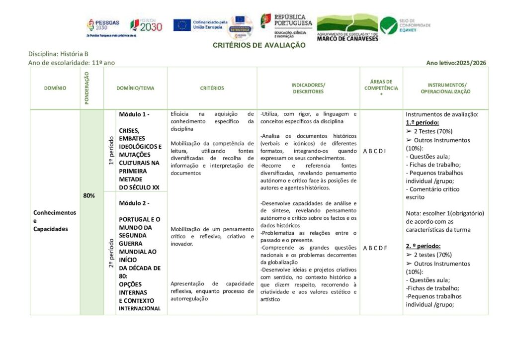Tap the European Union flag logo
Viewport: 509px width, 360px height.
182,25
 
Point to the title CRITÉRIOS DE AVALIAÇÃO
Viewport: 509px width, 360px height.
259,45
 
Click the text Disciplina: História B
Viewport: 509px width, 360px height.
58,54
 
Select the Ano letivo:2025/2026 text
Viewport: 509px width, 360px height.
456,63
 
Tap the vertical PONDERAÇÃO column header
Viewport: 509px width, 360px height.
86,88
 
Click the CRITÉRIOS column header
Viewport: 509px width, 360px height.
212,88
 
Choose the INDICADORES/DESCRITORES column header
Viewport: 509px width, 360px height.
308,88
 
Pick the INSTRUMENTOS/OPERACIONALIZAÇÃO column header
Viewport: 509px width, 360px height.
445,88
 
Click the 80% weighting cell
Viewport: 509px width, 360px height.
89,195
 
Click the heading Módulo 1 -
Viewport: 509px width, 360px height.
134,114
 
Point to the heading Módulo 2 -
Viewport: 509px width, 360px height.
134,203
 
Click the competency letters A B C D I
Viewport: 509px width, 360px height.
374,151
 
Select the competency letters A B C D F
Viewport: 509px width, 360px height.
374,248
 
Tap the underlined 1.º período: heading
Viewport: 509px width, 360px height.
423,122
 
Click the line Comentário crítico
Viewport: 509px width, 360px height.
432,189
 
